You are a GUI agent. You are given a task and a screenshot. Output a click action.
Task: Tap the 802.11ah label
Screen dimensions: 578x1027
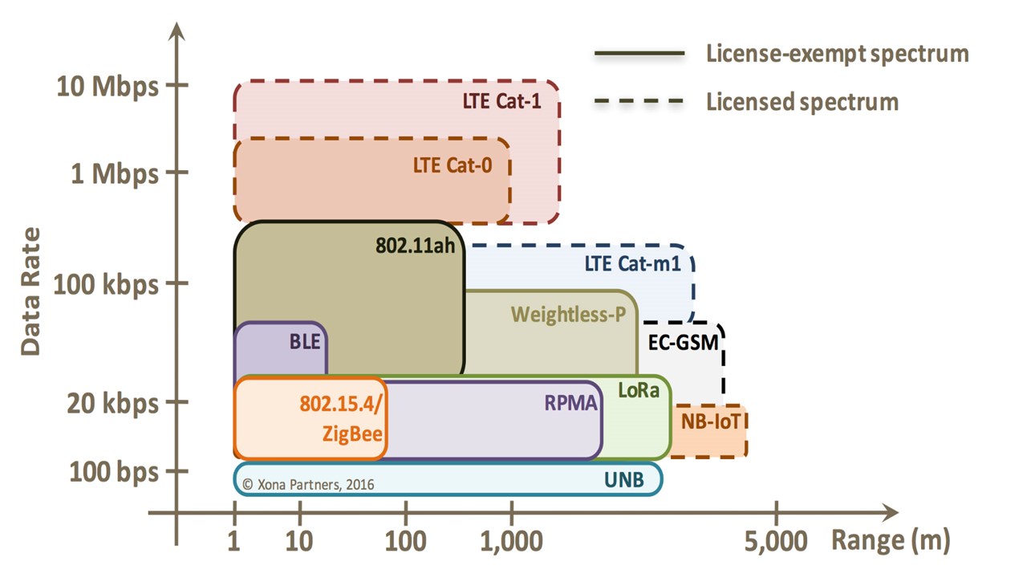point(415,245)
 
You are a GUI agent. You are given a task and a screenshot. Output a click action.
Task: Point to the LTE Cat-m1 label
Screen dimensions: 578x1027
point(632,263)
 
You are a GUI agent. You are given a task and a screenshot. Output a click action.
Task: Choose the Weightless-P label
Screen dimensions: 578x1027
point(568,313)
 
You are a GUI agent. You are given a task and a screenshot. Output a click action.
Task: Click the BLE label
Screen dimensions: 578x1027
point(304,341)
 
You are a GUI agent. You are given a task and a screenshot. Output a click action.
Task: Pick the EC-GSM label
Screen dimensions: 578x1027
point(684,344)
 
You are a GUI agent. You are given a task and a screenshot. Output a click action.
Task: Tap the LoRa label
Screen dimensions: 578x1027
point(639,391)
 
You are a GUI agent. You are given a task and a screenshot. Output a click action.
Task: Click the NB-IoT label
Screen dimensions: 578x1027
point(709,421)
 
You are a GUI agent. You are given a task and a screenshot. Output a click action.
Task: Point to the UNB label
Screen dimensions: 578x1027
point(623,480)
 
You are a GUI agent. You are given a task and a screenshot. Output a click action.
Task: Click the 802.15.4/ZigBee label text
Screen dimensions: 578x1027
point(343,420)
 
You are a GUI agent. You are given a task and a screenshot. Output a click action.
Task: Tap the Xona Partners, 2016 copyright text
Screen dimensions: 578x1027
point(307,484)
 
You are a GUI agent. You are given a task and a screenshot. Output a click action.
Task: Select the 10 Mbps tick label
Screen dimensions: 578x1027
point(108,85)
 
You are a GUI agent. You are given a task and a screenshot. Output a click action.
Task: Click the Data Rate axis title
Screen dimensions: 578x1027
point(30,291)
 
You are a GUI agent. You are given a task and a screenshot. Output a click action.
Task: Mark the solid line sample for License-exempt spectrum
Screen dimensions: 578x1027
point(639,54)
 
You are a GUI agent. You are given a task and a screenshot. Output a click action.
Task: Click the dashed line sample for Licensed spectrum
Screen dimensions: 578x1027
point(639,102)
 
